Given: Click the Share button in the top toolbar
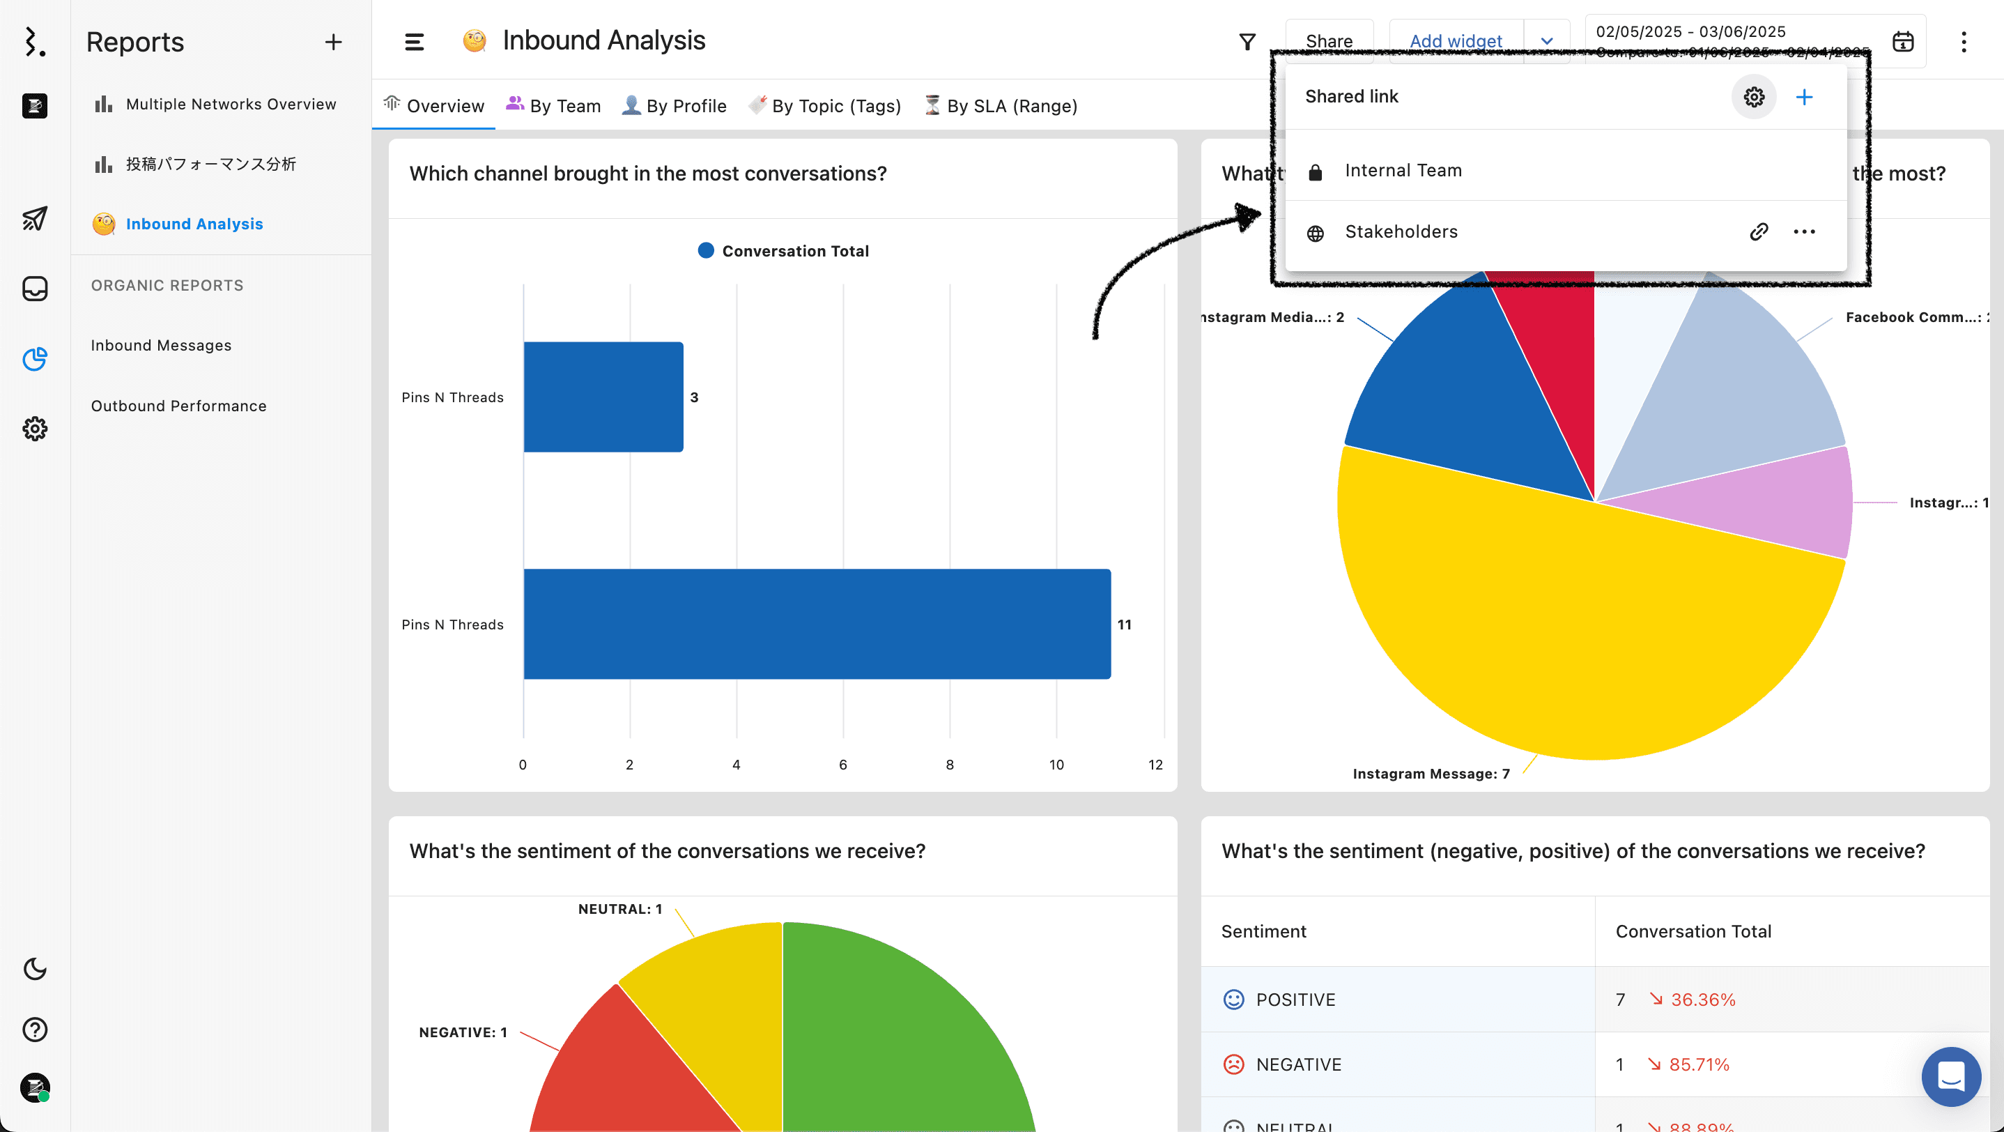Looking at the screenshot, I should click(x=1328, y=40).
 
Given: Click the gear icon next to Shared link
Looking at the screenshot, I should click(x=1752, y=98).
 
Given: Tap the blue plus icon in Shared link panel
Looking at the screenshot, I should click(x=1803, y=98).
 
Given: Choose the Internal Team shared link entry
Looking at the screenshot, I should click(x=1403, y=170).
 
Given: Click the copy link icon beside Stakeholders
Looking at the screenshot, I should click(x=1758, y=232).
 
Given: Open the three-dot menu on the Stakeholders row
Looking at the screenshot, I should click(x=1803, y=232).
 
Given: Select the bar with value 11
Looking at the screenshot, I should click(x=817, y=624).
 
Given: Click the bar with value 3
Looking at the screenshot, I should click(x=603, y=397).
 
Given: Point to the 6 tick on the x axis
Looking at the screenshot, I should click(x=842, y=765).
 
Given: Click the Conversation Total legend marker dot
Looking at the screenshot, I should click(x=706, y=250).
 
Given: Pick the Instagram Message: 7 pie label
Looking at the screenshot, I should click(x=1431, y=773).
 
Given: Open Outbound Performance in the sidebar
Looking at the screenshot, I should click(x=178, y=406).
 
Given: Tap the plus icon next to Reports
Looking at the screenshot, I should click(x=333, y=42).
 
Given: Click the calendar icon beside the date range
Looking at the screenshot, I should click(x=1902, y=41).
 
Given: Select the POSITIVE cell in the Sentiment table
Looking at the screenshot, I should click(x=1295, y=1000).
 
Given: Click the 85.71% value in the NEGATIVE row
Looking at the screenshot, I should click(x=1698, y=1064).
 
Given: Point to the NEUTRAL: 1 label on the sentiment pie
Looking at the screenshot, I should click(x=619, y=909).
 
